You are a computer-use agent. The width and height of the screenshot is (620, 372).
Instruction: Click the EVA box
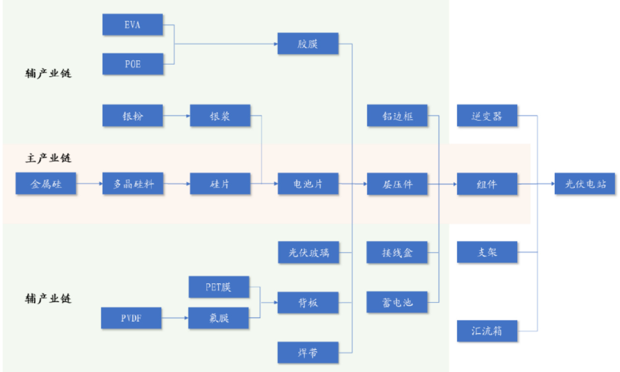pos(132,25)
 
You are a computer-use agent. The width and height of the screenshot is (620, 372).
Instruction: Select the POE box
pos(132,64)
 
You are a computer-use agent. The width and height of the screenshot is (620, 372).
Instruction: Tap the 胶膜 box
pos(308,44)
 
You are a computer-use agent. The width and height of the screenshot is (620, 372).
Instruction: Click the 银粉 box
pos(132,116)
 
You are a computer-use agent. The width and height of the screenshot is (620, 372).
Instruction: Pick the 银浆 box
pos(220,116)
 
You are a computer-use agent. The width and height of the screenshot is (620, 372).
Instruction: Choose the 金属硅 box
pos(46,184)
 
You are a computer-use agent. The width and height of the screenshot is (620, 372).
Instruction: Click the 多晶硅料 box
pos(132,184)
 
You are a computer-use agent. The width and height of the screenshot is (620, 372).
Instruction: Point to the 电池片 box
pos(308,184)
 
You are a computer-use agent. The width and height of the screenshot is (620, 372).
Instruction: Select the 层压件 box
pos(397,184)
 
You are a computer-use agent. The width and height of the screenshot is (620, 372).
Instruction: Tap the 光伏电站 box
pos(585,184)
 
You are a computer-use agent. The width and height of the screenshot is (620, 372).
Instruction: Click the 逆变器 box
pos(487,116)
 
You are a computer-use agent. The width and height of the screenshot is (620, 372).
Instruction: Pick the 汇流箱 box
pos(487,331)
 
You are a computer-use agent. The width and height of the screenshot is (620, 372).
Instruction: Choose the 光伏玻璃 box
pos(308,252)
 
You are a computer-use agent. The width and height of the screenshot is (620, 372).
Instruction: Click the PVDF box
pos(131,318)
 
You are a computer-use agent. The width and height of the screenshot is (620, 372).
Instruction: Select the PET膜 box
pos(219,287)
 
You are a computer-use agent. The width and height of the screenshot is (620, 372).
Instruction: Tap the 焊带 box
pos(308,352)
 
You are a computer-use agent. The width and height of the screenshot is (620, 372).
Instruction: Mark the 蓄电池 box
pos(397,303)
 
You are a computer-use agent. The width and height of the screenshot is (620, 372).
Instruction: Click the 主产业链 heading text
pos(48,158)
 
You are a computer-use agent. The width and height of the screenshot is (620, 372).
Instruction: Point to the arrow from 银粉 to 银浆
pos(176,116)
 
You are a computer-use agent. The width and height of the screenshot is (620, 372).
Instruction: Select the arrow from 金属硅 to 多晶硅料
pos(89,184)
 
